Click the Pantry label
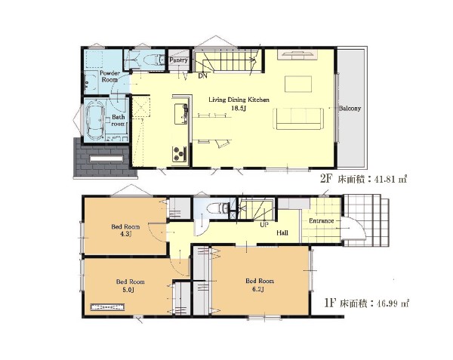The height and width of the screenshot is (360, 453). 178,60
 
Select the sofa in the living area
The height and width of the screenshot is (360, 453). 299,118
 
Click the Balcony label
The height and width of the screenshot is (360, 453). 350,109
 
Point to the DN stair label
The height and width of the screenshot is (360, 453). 202,76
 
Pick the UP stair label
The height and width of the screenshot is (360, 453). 264,224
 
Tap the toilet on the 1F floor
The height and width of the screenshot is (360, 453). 219,208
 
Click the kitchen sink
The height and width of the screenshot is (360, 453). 181,114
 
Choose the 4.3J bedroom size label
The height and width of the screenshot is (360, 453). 125,234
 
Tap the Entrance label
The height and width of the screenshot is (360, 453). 322,221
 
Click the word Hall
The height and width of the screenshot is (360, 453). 282,232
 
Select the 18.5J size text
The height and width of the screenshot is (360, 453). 239,109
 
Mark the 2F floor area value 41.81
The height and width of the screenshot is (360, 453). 384,180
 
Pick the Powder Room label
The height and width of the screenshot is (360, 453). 109,76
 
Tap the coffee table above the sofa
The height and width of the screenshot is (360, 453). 298,84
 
